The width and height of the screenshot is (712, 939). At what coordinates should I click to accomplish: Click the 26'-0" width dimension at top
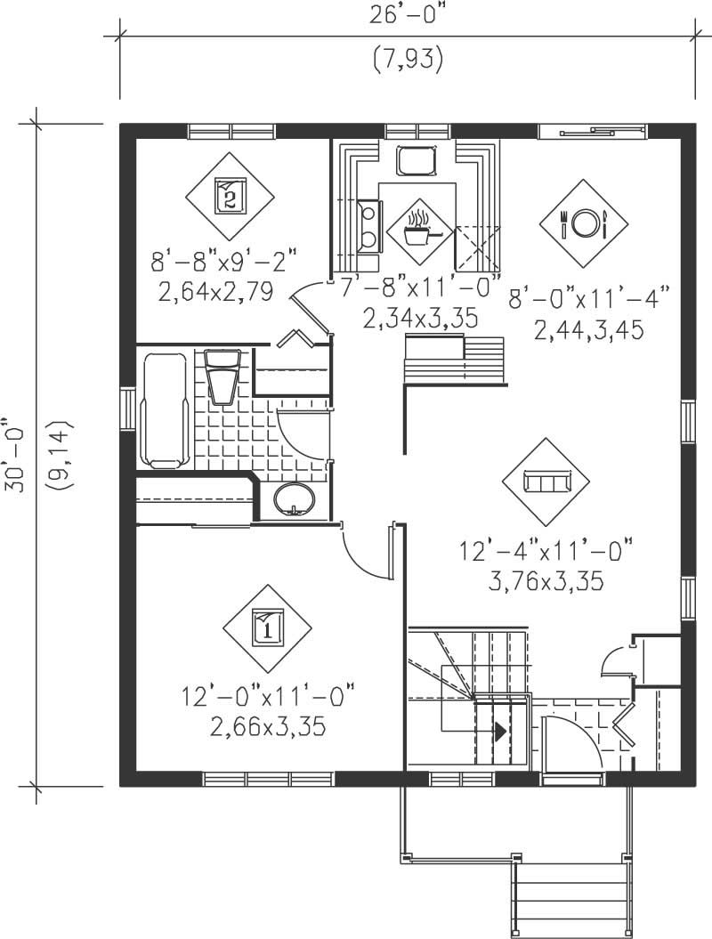point(407,16)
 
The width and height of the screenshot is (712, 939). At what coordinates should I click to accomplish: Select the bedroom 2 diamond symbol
point(230,195)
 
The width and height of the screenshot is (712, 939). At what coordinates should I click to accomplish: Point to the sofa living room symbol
point(546,482)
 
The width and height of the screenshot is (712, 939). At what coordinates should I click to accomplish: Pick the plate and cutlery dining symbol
point(584,223)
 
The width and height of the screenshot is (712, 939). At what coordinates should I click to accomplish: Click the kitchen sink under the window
point(417,161)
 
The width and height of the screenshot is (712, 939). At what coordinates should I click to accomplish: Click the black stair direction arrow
point(501,732)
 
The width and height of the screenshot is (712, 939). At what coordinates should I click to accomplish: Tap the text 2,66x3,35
point(267,727)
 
